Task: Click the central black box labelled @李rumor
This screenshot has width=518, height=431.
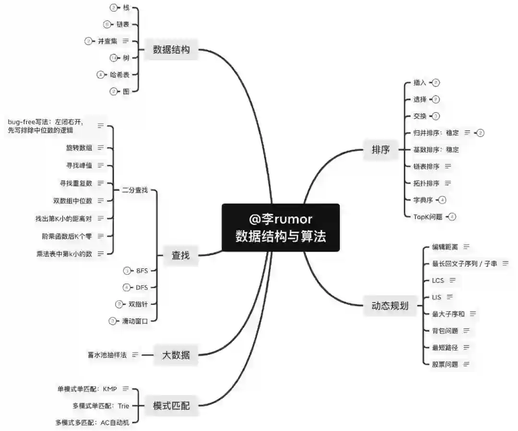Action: tap(281, 227)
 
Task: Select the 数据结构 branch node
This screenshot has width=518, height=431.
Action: tap(171, 49)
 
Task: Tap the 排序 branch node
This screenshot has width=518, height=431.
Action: tap(381, 150)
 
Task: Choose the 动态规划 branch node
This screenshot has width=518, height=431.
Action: tap(390, 305)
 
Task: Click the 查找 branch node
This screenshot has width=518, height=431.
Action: tap(180, 256)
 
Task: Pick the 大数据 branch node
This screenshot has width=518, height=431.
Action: tap(176, 355)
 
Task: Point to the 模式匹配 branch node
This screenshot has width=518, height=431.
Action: tap(171, 406)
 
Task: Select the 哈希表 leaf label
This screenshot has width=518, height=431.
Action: tap(119, 74)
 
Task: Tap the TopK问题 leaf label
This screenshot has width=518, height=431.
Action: tap(428, 217)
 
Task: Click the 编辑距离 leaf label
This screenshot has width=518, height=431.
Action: tap(445, 247)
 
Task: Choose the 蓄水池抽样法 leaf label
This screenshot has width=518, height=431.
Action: tap(107, 355)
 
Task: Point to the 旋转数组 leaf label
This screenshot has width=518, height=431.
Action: tap(79, 148)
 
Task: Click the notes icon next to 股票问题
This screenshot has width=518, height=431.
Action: tap(466, 364)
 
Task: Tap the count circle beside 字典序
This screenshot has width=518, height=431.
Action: tap(442, 200)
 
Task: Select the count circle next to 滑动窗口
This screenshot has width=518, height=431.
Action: tap(113, 321)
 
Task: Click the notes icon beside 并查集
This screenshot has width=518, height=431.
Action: tap(126, 41)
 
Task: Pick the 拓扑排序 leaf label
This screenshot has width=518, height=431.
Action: tap(426, 183)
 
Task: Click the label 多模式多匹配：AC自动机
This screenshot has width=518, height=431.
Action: tap(92, 422)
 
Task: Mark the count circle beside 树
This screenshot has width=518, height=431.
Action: tap(113, 58)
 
